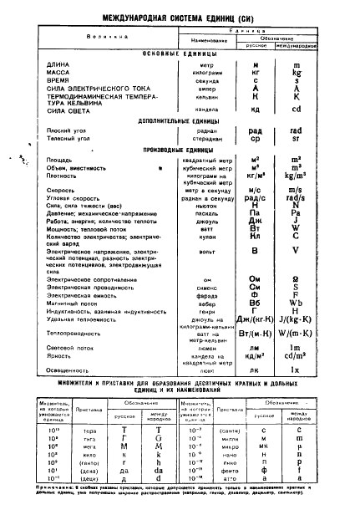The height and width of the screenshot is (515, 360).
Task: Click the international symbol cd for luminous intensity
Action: pos(297,110)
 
